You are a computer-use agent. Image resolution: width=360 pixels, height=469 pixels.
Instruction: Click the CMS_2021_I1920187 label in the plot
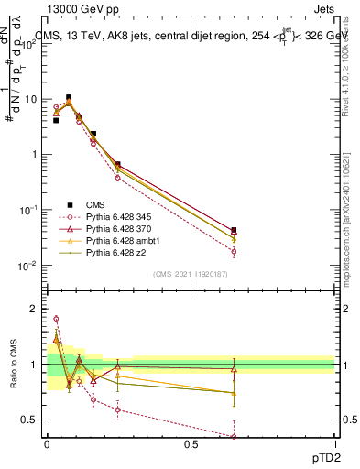coord(190,274)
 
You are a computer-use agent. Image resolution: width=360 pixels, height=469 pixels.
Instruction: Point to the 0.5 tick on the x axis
coord(191,442)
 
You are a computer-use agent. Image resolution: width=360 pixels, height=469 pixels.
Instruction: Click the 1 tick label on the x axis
coord(335,442)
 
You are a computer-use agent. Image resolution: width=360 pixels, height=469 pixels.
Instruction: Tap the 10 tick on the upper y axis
coord(33,99)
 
